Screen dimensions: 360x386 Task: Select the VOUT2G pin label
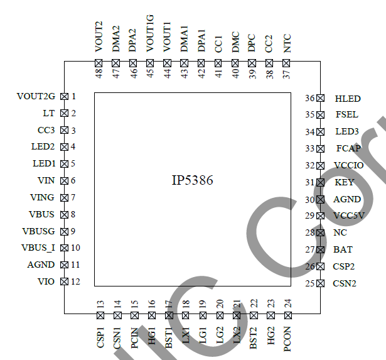[36, 97]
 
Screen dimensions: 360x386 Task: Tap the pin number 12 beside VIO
[75, 281]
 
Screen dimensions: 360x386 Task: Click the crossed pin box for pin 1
[63, 97]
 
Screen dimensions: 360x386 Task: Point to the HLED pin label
[348, 99]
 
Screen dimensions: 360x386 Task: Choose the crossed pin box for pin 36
[320, 99]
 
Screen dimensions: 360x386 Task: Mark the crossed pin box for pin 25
[320, 283]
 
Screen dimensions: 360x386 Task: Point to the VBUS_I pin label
[38, 248]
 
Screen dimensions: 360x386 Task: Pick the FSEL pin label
[346, 115]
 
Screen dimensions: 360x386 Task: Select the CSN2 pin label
[345, 283]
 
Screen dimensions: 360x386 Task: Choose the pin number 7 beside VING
[73, 197]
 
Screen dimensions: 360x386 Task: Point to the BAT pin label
[343, 250]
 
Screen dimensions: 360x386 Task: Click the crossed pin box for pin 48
[99, 63]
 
